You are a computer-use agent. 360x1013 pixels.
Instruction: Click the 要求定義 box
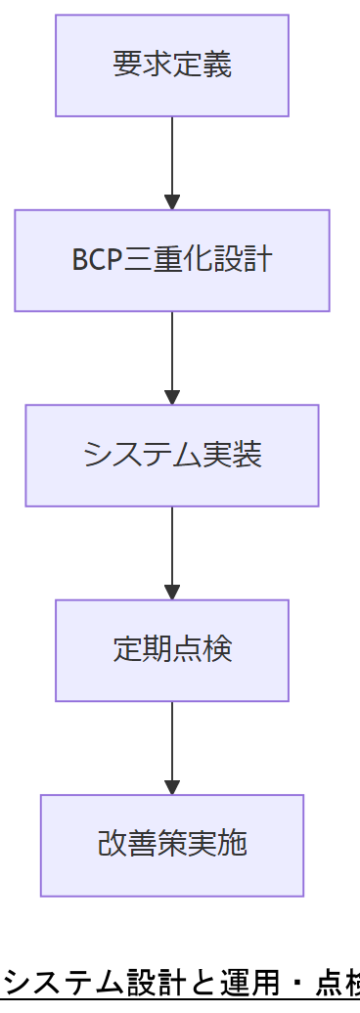click(171, 66)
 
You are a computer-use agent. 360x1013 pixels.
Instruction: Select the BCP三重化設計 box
click(171, 260)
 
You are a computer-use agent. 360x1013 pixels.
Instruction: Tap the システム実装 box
click(171, 456)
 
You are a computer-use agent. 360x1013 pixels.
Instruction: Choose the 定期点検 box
click(171, 650)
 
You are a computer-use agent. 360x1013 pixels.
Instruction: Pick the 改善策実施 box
click(171, 845)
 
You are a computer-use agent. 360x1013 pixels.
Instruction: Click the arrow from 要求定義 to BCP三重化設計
click(172, 162)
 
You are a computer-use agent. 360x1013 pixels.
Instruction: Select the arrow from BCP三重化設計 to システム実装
click(172, 357)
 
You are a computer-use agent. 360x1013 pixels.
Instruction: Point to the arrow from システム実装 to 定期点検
click(172, 552)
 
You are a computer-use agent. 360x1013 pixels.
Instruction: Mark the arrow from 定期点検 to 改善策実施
click(172, 747)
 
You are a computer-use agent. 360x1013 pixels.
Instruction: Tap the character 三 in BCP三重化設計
click(138, 261)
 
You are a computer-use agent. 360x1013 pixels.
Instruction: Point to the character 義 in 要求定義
click(217, 66)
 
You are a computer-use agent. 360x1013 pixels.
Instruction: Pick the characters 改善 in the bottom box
click(126, 845)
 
